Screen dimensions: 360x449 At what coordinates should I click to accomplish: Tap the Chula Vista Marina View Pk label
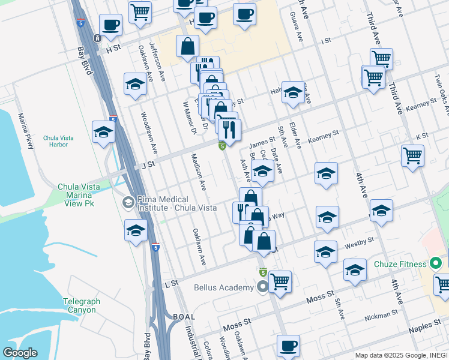click(79, 195)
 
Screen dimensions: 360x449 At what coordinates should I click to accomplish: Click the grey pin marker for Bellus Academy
click(262, 288)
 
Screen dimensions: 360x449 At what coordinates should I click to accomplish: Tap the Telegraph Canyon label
click(79, 305)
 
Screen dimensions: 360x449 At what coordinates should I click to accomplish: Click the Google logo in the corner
click(20, 353)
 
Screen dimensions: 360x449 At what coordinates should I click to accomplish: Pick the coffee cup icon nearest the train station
click(110, 25)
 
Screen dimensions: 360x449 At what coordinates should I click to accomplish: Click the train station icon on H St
click(97, 38)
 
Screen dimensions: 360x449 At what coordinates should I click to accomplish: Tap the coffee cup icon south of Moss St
click(288, 346)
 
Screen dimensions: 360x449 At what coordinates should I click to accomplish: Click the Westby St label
click(359, 243)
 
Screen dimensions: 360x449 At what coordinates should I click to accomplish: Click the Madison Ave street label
click(199, 172)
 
